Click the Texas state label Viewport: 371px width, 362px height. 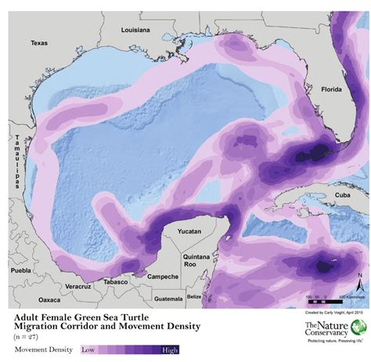(x=39, y=44)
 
